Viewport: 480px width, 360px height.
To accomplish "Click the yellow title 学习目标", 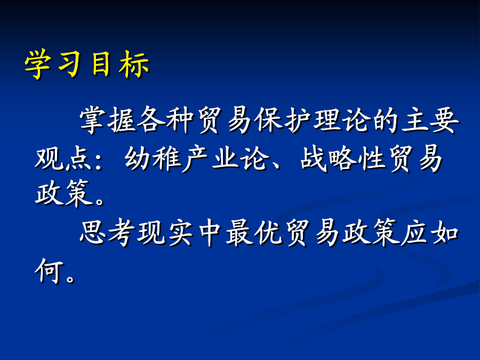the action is tap(87, 64).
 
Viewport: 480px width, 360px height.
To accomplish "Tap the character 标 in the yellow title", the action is tap(134, 65).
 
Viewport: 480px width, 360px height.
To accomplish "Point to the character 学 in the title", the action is tap(38, 65).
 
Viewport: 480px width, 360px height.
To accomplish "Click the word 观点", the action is tap(63, 158).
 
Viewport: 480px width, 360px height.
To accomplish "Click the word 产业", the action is tap(211, 158).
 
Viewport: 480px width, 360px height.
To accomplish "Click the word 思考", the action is tap(107, 233).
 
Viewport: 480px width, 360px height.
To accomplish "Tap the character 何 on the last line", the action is tap(49, 270).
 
